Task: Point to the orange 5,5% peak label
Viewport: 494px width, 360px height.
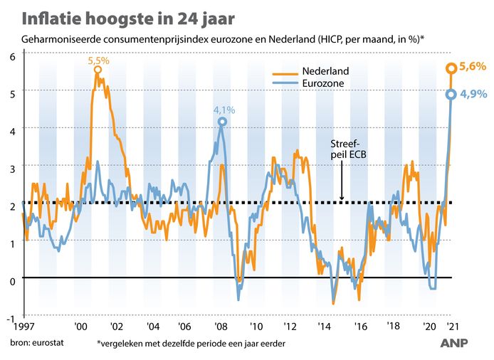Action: tap(98, 61)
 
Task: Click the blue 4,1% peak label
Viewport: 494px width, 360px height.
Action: tap(223, 110)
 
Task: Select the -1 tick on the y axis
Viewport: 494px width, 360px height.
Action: tap(11, 314)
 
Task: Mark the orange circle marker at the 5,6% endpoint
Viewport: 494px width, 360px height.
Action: tap(451, 68)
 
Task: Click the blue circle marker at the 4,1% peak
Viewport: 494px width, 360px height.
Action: tap(223, 122)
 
